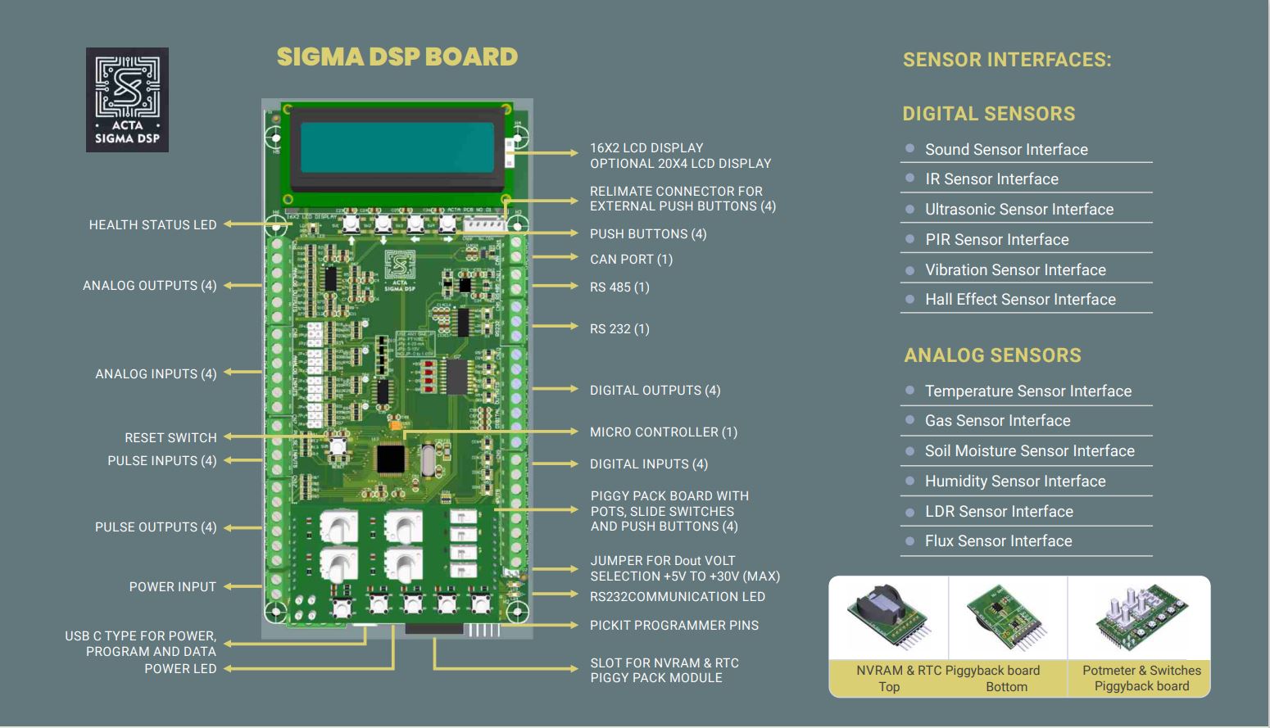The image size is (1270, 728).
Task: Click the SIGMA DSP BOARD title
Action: click(x=397, y=57)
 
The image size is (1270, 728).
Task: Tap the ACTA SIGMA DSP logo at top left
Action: click(x=127, y=100)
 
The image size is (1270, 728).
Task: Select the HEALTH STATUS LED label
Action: click(x=152, y=224)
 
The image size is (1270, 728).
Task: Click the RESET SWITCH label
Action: click(x=170, y=437)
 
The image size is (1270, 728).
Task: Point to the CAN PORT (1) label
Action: click(x=631, y=259)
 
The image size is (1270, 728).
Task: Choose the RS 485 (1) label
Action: click(x=619, y=287)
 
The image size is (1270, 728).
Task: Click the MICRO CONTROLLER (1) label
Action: click(x=664, y=432)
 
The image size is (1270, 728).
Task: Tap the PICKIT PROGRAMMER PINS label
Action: click(x=674, y=625)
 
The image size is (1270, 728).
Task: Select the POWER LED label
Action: click(x=180, y=668)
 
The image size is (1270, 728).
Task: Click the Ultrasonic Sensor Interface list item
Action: click(x=1019, y=209)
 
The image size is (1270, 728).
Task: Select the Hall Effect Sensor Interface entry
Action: click(x=1020, y=299)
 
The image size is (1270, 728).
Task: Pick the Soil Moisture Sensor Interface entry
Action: click(x=1029, y=450)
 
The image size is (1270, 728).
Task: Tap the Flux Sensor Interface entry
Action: click(x=998, y=540)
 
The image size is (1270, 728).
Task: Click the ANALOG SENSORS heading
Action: click(x=992, y=355)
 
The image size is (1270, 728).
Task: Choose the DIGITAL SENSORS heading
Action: click(x=988, y=114)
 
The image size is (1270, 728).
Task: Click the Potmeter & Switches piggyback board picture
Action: click(x=1140, y=618)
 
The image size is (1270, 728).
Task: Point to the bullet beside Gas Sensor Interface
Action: click(x=909, y=420)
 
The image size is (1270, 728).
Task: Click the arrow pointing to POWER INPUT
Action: click(x=243, y=586)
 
